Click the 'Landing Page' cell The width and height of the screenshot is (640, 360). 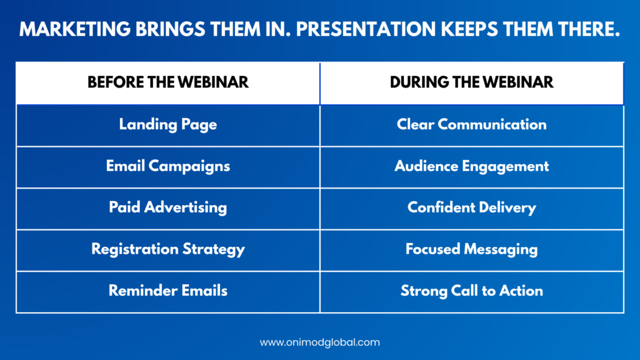tap(168, 124)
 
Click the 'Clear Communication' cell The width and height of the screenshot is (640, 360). tap(472, 124)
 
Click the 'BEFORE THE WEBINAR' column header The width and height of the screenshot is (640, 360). tap(168, 83)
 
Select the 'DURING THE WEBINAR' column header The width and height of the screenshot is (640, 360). tap(472, 83)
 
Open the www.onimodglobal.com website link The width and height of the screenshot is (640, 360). tap(319, 343)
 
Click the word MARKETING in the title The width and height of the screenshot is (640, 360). tap(75, 29)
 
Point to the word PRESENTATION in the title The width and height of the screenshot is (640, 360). tap(366, 29)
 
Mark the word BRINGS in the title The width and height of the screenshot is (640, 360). tap(170, 29)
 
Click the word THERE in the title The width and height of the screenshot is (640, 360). tap(586, 29)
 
